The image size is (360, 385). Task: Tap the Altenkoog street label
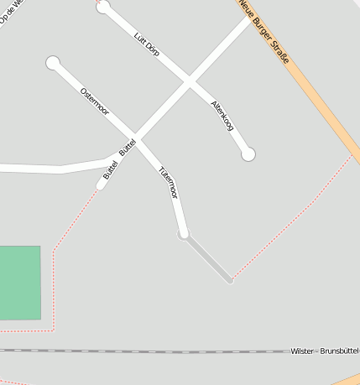(x=222, y=115)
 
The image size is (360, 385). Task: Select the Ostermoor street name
(x=94, y=101)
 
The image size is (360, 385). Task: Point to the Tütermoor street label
(x=169, y=182)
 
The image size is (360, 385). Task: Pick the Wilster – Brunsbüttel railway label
(x=324, y=350)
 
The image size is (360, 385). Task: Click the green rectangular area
(x=19, y=283)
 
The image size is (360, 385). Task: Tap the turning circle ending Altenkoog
(x=248, y=154)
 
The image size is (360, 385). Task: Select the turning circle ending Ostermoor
(x=53, y=62)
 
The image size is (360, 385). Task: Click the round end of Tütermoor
(x=184, y=233)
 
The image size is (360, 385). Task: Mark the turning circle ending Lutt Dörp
(x=103, y=8)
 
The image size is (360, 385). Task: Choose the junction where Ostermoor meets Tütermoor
(x=137, y=139)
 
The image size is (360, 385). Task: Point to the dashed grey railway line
(x=143, y=351)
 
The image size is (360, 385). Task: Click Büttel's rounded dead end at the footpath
(x=101, y=185)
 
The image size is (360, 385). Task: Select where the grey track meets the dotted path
(x=231, y=280)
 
